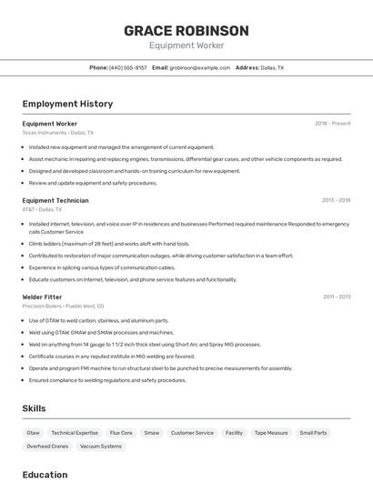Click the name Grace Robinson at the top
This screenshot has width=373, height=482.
point(186,30)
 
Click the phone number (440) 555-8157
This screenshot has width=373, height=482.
point(127,67)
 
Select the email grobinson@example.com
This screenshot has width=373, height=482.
point(199,67)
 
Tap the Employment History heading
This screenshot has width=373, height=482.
point(67,104)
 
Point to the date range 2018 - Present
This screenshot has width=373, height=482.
point(332,123)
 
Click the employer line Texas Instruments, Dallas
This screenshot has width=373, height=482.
point(57,133)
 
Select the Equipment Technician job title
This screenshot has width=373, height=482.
point(55,200)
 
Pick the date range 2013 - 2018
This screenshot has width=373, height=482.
point(336,200)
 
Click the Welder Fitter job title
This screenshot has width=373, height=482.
point(42,296)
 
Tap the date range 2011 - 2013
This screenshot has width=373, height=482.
point(337,296)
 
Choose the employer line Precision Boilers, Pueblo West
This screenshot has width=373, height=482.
point(63,306)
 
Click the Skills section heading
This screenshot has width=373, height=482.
point(34,408)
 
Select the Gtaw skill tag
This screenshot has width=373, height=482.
point(34,433)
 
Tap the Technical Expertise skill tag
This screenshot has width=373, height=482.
point(75,433)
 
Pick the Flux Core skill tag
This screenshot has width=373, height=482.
point(121,433)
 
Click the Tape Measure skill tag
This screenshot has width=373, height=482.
point(271,433)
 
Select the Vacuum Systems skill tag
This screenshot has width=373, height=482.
point(100,447)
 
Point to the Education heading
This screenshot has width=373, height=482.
point(45,475)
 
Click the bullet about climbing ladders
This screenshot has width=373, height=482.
point(109,244)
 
